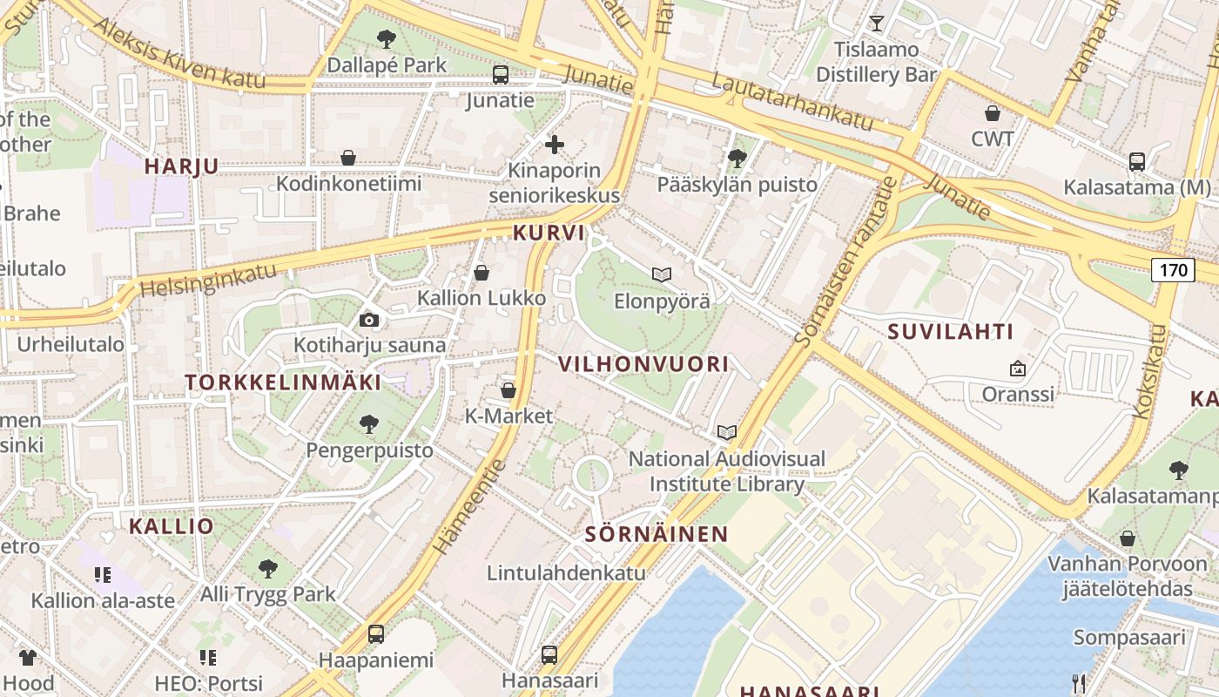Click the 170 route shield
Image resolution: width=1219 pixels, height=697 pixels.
[x=1173, y=270]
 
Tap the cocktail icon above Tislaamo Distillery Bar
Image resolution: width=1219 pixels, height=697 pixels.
[x=876, y=23]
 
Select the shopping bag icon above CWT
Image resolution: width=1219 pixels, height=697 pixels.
[x=992, y=113]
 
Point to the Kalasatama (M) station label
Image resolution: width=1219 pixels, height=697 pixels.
[x=1137, y=187]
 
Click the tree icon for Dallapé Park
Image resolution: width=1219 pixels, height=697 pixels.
[x=387, y=38]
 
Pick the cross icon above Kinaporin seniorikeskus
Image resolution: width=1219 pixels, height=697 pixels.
[x=555, y=144]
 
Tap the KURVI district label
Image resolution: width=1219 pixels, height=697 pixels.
[x=549, y=233]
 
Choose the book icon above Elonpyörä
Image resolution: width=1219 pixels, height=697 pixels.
[x=662, y=274]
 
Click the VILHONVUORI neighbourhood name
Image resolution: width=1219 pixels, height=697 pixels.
[x=643, y=364]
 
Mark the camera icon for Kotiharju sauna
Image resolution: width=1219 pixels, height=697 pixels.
[x=369, y=320]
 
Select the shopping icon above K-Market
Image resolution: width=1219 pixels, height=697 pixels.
[x=508, y=390]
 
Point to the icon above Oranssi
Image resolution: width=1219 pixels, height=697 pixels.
[x=1017, y=369]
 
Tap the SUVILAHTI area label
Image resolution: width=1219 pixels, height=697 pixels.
[x=951, y=332]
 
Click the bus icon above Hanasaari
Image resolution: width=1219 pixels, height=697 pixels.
[x=549, y=653]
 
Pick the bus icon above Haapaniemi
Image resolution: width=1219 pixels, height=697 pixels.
[x=376, y=633]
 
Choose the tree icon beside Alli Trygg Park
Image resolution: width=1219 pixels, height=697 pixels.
[x=268, y=569]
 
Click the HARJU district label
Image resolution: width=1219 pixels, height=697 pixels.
[x=181, y=166]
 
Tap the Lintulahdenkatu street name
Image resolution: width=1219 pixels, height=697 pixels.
[x=566, y=572]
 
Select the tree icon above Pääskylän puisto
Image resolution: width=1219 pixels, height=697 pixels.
[x=737, y=158]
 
